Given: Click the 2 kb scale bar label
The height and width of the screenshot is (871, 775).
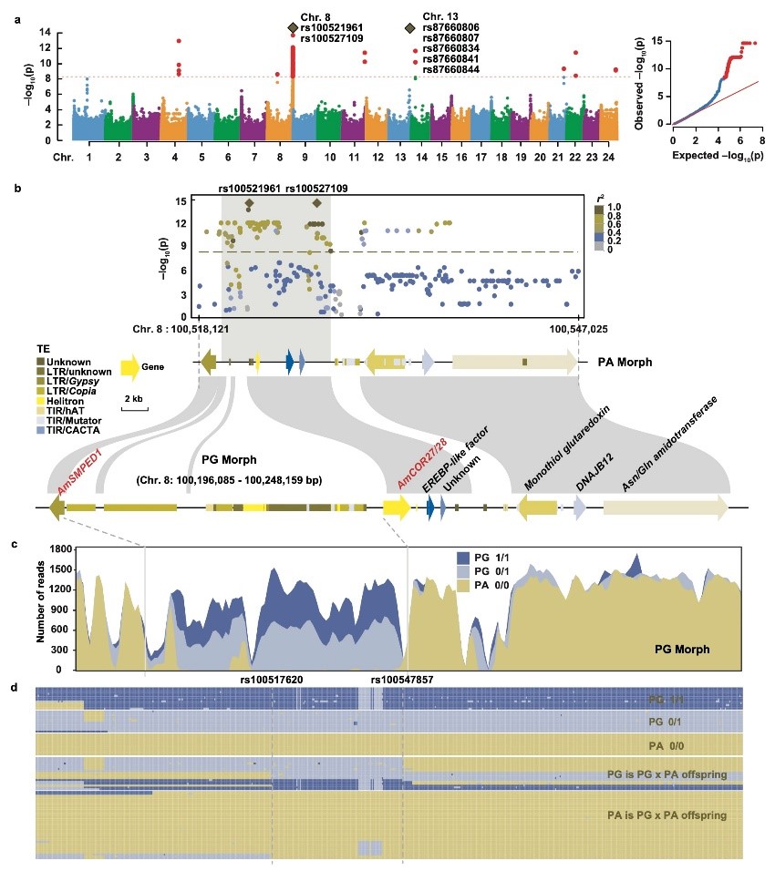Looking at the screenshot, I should pyautogui.click(x=133, y=399).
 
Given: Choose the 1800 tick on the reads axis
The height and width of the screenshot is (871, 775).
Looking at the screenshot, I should pyautogui.click(x=51, y=549).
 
